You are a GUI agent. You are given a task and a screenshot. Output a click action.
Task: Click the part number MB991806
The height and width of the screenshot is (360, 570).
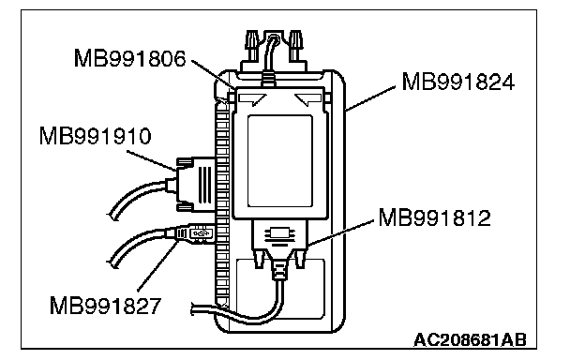point(129,58)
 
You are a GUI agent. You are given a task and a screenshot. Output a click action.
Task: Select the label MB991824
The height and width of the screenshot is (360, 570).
point(458,82)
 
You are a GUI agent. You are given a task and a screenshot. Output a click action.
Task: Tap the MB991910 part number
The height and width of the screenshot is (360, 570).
point(95,136)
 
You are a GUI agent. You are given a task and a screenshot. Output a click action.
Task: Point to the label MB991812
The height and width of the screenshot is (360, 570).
point(434,217)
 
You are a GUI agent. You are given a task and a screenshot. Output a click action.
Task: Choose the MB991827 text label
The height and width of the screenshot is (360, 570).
point(105,306)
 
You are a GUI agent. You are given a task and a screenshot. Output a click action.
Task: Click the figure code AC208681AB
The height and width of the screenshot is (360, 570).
point(470,340)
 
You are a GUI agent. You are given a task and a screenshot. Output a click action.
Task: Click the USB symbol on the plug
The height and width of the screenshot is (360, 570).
point(201,233)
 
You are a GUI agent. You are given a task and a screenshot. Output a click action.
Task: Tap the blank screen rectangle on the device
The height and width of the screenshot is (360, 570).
point(280,161)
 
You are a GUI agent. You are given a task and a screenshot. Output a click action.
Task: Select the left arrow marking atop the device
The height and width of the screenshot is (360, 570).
point(252,99)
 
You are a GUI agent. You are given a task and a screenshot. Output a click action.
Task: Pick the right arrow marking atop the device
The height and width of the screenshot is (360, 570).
point(308,99)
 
